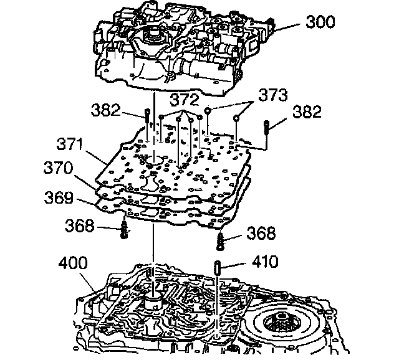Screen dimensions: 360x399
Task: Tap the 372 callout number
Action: point(185,100)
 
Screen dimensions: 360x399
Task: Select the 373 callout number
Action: point(272,95)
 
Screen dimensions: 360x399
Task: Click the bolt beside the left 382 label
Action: point(147,117)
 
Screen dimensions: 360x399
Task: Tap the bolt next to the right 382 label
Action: point(266,130)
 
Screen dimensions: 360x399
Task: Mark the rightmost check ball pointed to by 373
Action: point(237,118)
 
